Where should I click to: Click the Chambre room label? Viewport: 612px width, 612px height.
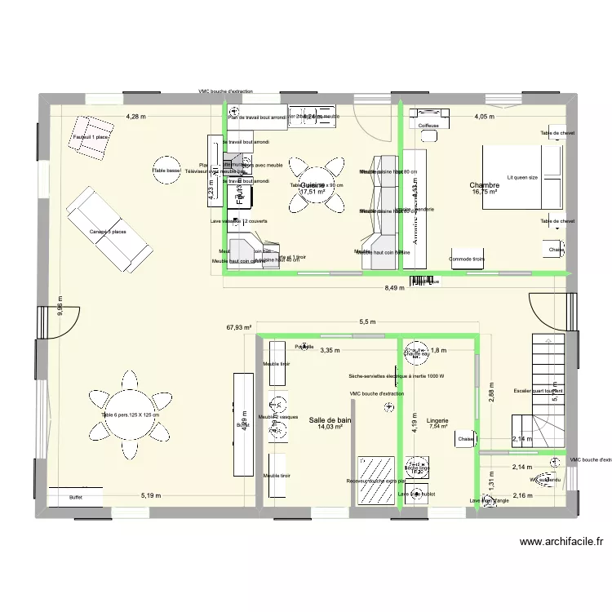[483, 185]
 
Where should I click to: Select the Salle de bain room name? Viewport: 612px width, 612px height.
[330, 420]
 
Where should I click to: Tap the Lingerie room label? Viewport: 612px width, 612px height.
[437, 420]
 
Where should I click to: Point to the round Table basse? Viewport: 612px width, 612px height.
[166, 171]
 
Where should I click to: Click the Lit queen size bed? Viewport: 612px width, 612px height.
[522, 176]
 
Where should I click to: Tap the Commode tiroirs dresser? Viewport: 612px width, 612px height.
[467, 259]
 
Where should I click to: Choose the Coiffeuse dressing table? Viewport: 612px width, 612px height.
[428, 125]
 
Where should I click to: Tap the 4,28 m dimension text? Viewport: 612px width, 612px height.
[136, 117]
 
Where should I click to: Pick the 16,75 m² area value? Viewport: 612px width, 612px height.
[485, 193]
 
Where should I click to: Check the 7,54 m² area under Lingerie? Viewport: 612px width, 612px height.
[438, 427]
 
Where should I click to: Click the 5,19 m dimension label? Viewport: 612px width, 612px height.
[151, 494]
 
